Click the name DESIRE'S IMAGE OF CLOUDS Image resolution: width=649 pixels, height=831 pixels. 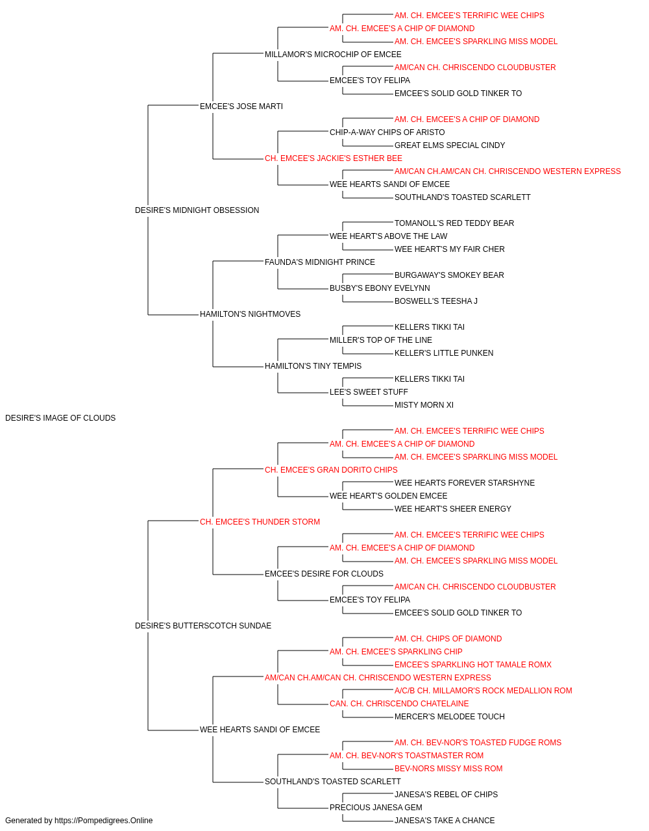[x=60, y=418]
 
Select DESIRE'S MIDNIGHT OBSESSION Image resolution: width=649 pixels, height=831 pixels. [x=197, y=210]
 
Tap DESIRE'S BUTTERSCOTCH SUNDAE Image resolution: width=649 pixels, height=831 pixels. [x=203, y=626]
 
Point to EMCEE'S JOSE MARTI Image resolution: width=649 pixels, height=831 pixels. [x=241, y=106]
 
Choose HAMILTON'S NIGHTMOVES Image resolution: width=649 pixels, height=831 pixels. [x=250, y=314]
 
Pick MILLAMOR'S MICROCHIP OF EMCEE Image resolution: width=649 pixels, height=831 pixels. [x=333, y=55]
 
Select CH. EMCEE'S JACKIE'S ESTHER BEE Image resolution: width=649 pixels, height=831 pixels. [x=334, y=158]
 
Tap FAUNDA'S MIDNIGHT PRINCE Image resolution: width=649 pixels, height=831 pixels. [x=320, y=262]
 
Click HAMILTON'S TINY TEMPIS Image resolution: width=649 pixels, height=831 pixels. [x=313, y=366]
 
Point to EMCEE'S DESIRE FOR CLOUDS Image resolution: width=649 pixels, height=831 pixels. [x=324, y=574]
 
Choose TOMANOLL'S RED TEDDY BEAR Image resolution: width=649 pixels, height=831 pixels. [x=454, y=223]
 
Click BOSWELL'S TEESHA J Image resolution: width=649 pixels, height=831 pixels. [x=435, y=301]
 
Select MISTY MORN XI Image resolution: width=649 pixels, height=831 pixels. [x=424, y=405]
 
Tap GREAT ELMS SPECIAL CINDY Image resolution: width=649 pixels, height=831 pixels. [x=450, y=145]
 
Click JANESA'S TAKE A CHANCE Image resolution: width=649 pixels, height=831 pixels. [x=445, y=821]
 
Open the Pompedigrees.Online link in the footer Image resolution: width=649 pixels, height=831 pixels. [x=104, y=821]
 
